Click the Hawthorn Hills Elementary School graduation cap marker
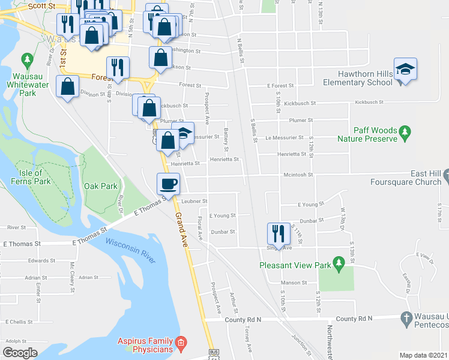[406, 68]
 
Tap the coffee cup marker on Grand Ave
[168, 183]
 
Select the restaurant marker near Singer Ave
[279, 232]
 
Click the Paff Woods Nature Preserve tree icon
[405, 131]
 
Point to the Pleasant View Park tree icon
[339, 262]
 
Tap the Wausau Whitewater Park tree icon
[27, 59]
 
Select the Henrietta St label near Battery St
[224, 160]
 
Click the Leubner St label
[194, 201]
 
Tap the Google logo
[20, 353]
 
